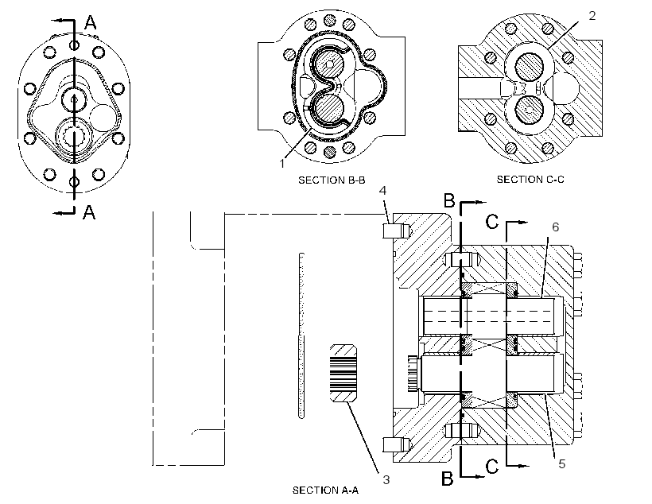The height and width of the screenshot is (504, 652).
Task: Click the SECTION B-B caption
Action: [x=332, y=180]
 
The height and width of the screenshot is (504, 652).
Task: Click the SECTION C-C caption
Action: [x=530, y=179]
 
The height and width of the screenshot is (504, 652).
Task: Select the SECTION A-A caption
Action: [x=325, y=490]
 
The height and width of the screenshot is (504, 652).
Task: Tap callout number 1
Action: [x=282, y=164]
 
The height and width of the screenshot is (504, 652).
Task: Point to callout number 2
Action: [x=592, y=16]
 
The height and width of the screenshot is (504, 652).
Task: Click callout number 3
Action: [x=386, y=480]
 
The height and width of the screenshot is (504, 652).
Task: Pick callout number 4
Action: [x=383, y=191]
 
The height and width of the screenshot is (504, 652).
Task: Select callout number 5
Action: [x=562, y=464]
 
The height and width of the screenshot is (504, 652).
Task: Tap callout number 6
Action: [x=556, y=227]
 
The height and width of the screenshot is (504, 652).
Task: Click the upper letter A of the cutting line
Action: [x=90, y=22]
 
